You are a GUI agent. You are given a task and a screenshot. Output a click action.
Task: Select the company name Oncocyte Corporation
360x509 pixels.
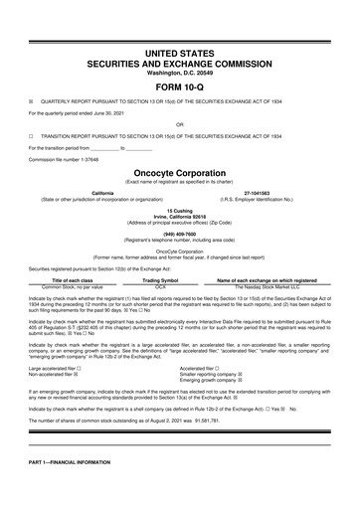(179, 171)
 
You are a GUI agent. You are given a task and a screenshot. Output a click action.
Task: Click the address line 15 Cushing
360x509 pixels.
(179, 211)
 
